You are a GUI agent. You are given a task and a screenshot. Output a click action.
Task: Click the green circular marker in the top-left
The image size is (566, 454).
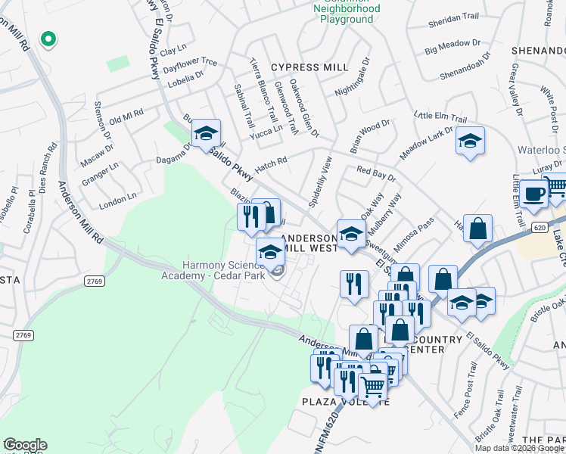click(48, 39)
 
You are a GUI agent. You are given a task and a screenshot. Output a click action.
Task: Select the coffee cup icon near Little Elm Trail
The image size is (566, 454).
click(533, 194)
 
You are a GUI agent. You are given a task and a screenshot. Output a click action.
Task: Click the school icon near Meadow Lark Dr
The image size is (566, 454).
click(470, 141)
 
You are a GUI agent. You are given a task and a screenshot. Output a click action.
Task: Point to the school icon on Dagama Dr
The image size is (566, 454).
click(206, 134)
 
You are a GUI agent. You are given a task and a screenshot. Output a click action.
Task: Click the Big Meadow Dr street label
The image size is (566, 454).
click(452, 48)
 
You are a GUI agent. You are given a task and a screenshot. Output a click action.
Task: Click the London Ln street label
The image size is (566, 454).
click(117, 200)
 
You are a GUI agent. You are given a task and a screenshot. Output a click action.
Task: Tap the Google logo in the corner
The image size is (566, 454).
click(24, 445)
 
